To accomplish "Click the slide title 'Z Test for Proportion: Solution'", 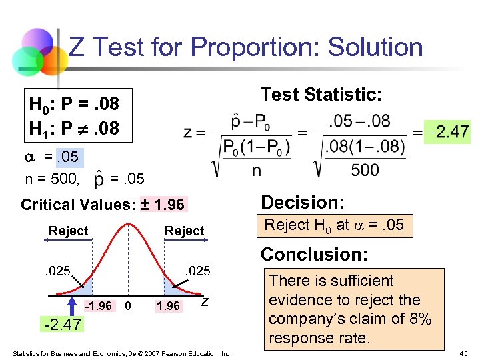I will [246, 47].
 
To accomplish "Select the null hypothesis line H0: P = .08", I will [74, 104].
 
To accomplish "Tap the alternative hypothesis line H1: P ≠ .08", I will [74, 127].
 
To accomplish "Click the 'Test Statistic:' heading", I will [321, 95].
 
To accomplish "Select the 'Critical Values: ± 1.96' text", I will [103, 204].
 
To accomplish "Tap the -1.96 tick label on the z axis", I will [98, 305].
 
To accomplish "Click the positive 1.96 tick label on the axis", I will [167, 305].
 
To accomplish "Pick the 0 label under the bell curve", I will [129, 305].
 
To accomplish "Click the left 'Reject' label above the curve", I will [68, 231].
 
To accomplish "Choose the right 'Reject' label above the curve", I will [184, 231].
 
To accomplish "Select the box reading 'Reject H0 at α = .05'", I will [334, 225].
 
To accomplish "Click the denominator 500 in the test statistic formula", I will [365, 171].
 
